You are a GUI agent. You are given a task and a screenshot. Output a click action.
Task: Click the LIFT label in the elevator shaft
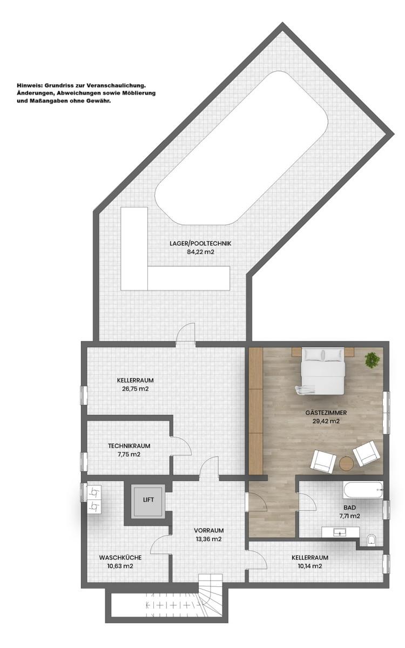point(148,500)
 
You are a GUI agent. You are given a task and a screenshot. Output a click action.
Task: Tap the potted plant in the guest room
point(371,360)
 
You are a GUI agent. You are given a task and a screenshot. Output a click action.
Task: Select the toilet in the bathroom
point(371,540)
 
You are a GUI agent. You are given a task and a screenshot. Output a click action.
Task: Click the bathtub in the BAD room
point(363,490)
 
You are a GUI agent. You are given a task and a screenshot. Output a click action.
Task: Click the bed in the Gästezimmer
point(323,371)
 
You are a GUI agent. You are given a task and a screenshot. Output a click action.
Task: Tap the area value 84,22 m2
point(200,252)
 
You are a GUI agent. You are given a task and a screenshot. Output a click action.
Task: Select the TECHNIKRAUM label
point(129,446)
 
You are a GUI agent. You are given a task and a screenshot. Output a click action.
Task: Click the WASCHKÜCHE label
point(120,557)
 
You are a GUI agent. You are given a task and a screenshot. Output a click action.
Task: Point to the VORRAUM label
point(208,530)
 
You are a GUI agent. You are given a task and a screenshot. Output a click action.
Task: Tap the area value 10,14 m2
point(310,566)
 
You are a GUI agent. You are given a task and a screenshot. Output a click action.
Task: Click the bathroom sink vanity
point(341,532)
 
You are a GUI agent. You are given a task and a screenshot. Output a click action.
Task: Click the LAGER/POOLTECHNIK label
point(200,244)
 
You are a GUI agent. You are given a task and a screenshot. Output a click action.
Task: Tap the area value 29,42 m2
point(326,421)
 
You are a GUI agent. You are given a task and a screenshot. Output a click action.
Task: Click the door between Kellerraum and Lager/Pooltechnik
point(186,334)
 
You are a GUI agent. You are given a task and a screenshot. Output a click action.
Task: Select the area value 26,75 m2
point(135,389)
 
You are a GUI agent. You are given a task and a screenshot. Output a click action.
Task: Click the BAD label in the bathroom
point(350,508)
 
